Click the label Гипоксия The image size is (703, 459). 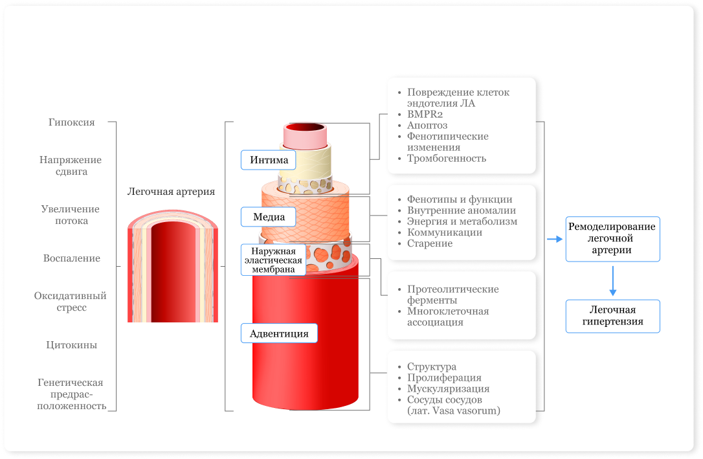[x=72, y=122]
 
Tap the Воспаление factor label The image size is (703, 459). [x=72, y=258]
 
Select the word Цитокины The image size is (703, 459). [x=72, y=345]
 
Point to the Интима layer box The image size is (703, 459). [x=269, y=160]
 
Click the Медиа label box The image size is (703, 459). [x=269, y=217]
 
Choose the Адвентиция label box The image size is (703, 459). [x=279, y=333]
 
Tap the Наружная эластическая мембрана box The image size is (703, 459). [x=273, y=260]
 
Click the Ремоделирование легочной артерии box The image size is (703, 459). [x=612, y=239]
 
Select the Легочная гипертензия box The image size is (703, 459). [x=612, y=316]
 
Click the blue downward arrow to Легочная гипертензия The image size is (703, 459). [x=613, y=280]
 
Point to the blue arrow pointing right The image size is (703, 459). [x=555, y=239]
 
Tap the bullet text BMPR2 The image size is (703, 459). [x=425, y=115]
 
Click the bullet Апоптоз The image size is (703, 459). [x=427, y=126]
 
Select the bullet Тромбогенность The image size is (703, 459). [x=447, y=159]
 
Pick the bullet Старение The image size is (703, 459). [x=430, y=244]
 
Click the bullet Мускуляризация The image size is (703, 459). [x=449, y=389]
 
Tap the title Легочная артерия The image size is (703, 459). [x=172, y=192]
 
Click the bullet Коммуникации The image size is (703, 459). [x=445, y=232]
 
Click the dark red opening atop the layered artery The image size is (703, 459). [x=306, y=128]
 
